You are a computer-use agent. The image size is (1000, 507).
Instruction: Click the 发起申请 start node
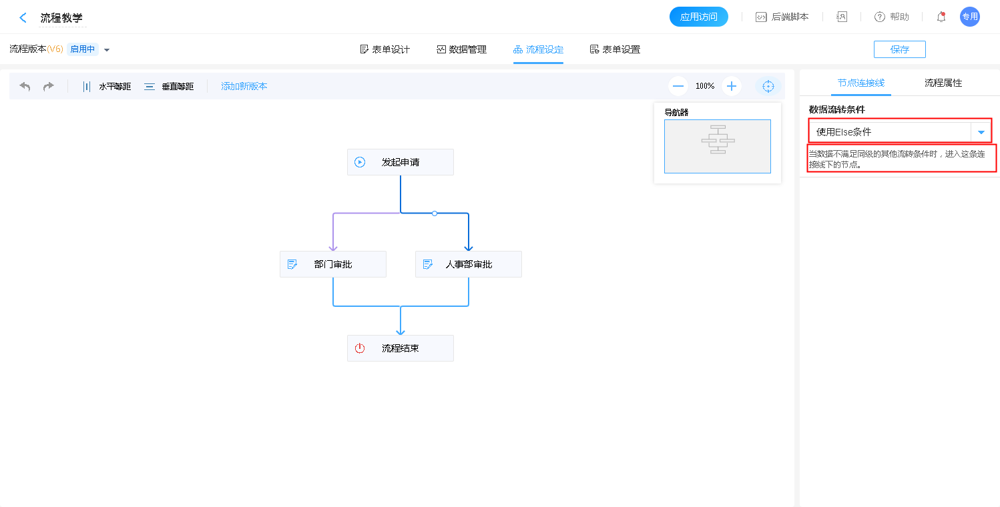pyautogui.click(x=400, y=162)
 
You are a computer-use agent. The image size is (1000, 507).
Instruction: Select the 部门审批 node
pyautogui.click(x=332, y=264)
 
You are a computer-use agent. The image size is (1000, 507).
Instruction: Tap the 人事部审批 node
pyautogui.click(x=468, y=264)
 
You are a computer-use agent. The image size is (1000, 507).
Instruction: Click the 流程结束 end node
pyautogui.click(x=400, y=348)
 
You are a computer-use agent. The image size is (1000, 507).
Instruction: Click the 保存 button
pyautogui.click(x=899, y=49)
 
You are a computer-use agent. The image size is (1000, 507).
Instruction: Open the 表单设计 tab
pyautogui.click(x=385, y=49)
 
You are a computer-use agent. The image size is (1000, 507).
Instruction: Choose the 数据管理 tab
pyautogui.click(x=461, y=49)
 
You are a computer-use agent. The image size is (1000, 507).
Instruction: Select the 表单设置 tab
pyautogui.click(x=615, y=49)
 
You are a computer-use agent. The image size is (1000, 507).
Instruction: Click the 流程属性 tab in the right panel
pyautogui.click(x=943, y=83)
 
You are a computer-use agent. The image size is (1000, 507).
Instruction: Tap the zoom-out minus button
pyautogui.click(x=678, y=86)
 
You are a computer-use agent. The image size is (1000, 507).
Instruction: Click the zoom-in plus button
pyautogui.click(x=732, y=86)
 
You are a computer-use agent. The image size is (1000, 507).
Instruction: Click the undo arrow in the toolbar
pyautogui.click(x=25, y=86)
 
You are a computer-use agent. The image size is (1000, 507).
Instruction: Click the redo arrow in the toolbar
pyautogui.click(x=49, y=86)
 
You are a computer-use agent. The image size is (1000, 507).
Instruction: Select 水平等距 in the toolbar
pyautogui.click(x=107, y=86)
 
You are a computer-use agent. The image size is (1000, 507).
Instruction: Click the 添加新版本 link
pyautogui.click(x=244, y=86)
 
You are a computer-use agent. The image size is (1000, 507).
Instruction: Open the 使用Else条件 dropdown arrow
pyautogui.click(x=981, y=132)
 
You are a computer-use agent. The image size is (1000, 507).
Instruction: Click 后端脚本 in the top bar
pyautogui.click(x=782, y=17)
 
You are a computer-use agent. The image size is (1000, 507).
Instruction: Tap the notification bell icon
pyautogui.click(x=941, y=17)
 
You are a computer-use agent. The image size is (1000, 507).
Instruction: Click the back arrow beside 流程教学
pyautogui.click(x=23, y=18)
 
